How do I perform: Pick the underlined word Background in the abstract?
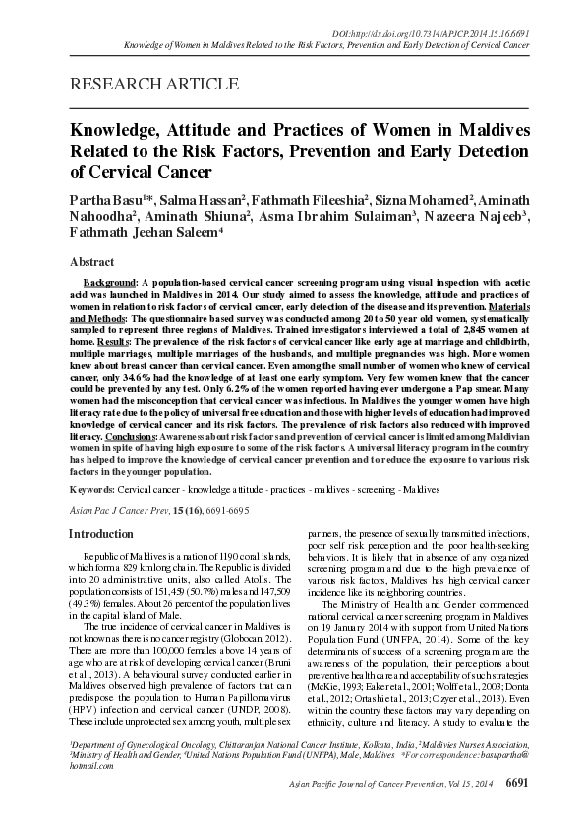[x=109, y=282]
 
